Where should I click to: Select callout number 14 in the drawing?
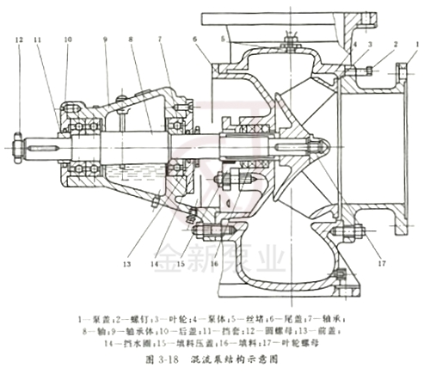coord(155,263)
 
